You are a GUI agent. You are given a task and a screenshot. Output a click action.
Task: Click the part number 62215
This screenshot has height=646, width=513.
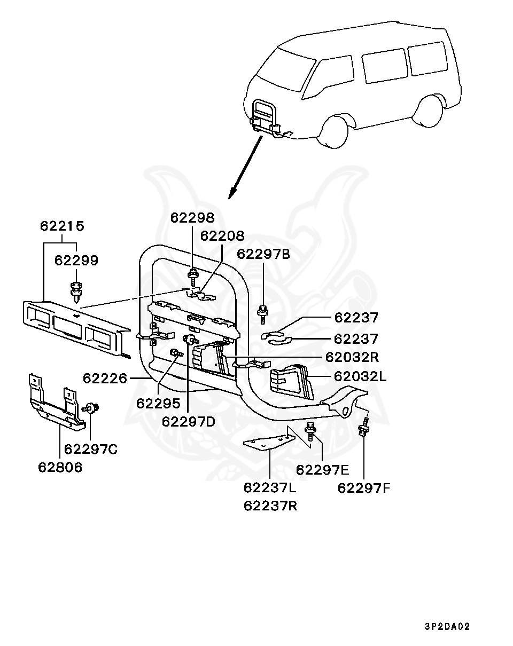(x=62, y=226)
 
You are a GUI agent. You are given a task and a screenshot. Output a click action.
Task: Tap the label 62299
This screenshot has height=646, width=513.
(x=76, y=261)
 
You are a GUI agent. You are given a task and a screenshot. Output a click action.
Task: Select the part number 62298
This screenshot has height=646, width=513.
(x=192, y=218)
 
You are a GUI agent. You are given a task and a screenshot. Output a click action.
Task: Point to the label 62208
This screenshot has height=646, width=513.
(x=222, y=237)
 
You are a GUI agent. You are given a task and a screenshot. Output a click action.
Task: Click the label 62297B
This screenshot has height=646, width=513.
(x=263, y=254)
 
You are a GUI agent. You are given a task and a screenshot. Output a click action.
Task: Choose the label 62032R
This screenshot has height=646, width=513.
(x=352, y=357)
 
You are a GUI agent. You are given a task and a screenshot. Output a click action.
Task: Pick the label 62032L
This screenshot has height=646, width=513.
(x=360, y=376)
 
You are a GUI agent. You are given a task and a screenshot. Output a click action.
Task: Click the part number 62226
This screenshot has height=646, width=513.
(x=105, y=379)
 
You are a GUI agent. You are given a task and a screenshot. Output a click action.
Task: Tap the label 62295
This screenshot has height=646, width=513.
(x=158, y=404)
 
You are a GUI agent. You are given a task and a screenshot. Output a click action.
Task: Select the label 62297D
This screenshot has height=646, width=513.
(x=189, y=422)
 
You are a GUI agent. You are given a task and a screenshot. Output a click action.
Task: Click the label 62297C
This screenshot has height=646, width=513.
(x=91, y=450)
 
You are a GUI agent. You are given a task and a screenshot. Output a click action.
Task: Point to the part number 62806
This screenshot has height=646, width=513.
(x=60, y=468)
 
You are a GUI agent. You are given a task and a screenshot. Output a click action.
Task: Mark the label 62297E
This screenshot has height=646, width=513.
(x=322, y=470)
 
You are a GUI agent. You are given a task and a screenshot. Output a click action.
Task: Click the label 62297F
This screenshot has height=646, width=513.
(x=363, y=489)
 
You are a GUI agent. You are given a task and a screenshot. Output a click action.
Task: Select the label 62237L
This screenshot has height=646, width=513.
(x=270, y=488)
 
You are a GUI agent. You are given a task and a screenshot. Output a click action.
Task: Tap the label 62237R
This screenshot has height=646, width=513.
(x=270, y=506)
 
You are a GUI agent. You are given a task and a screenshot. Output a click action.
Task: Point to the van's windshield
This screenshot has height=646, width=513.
(x=281, y=69)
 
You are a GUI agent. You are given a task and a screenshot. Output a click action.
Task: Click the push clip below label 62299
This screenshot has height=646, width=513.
(x=76, y=292)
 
